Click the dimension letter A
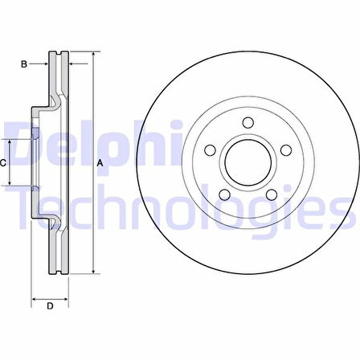click(100, 163)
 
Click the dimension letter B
click(24, 64)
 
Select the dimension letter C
click(2, 163)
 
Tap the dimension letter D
click(50, 305)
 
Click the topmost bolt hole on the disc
click(248, 122)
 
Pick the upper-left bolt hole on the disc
click(210, 150)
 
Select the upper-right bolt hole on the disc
click(286, 150)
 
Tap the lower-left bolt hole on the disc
click(224, 194)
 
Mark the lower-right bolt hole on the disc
click(272, 194)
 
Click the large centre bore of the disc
click(248, 162)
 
